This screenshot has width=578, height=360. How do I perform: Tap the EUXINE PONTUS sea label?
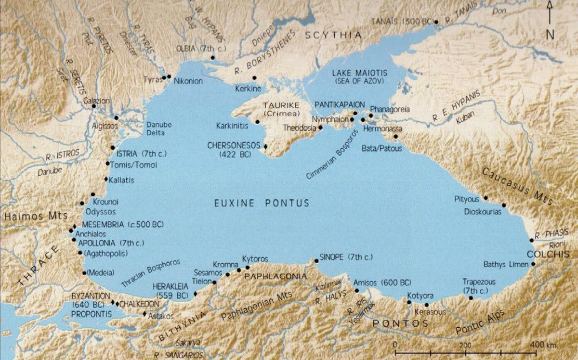[262, 203]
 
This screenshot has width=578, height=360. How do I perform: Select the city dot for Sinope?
[316, 261]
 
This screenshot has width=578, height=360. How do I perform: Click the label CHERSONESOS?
[234, 145]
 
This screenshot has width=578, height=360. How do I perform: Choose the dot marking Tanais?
[436, 22]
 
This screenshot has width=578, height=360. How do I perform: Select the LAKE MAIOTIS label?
[356, 73]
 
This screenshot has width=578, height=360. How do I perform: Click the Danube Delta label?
[159, 129]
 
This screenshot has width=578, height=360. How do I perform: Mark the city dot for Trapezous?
[471, 298]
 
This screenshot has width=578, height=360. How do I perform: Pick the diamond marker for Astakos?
[144, 314]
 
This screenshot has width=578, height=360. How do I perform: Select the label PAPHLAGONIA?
[276, 276]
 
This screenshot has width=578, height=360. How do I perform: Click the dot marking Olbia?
[212, 58]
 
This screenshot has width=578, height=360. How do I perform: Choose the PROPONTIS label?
[91, 314]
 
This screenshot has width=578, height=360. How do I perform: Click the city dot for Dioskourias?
[504, 205]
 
